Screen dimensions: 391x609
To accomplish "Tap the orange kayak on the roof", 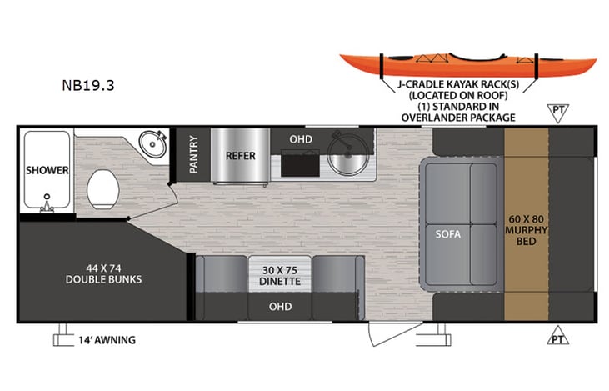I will [467, 64].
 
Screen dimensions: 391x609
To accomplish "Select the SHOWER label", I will [47, 170].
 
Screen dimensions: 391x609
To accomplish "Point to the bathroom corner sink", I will [151, 145].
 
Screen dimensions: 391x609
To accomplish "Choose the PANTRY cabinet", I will [193, 154].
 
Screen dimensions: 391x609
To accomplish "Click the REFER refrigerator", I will [240, 155].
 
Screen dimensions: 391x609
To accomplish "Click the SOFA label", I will [447, 233].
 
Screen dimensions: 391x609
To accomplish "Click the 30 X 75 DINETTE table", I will [280, 276].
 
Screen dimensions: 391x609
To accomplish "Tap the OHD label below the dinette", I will [280, 307].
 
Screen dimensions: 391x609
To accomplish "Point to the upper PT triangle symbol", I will [557, 112].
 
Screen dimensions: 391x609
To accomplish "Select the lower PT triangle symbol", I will [557, 337].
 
